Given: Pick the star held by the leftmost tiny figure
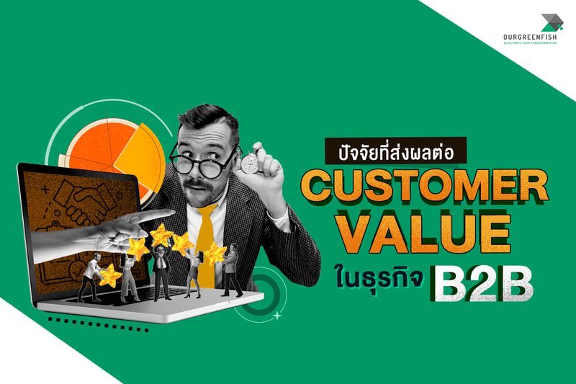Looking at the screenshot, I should pos(110,274).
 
